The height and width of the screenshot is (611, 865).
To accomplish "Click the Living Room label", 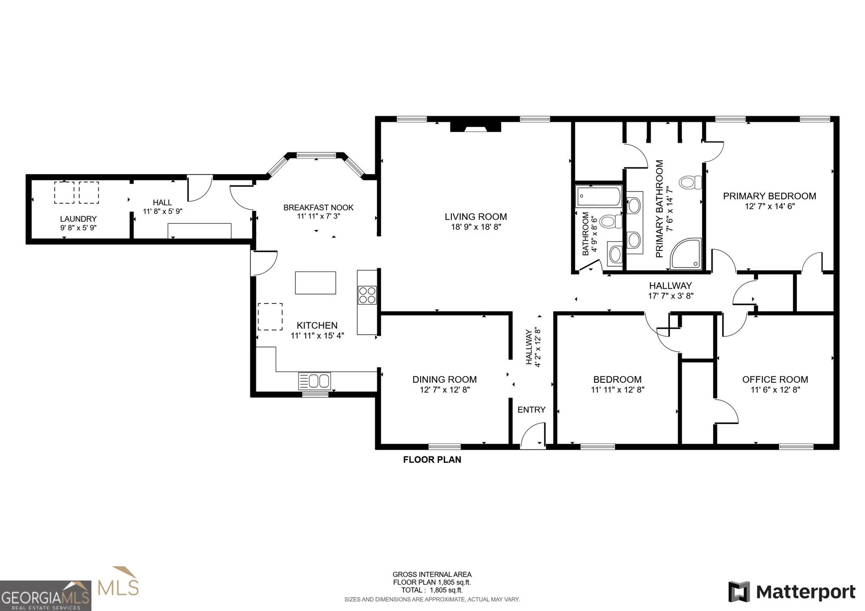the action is pos(475,217).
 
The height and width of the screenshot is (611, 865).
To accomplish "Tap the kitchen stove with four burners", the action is pos(367,295).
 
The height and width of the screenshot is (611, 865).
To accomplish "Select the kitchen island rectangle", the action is pos(316,283).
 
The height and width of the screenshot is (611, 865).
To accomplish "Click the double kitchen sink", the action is pos(314,381).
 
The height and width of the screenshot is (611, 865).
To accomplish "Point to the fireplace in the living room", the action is pos(475,127).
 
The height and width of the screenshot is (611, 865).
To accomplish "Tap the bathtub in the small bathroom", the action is pos(599,197).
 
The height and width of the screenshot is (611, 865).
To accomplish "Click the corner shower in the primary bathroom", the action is pos(686,253).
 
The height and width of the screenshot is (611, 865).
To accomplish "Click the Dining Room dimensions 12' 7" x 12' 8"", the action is pos(444,390).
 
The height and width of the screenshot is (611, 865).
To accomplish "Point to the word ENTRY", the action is pos(531,409).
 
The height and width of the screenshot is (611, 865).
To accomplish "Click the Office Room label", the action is pos(775,379).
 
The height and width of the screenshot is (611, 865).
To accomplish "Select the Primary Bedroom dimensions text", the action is pos(770,206).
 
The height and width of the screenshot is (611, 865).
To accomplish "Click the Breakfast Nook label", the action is pos(318,208).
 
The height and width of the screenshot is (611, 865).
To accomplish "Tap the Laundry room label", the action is pos(78,218).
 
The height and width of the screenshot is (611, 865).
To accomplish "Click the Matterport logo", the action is pos(791,592).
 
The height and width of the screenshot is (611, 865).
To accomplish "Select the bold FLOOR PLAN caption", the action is pos(432,459).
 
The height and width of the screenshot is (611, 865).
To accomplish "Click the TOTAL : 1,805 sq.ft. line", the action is pos(432,590).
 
